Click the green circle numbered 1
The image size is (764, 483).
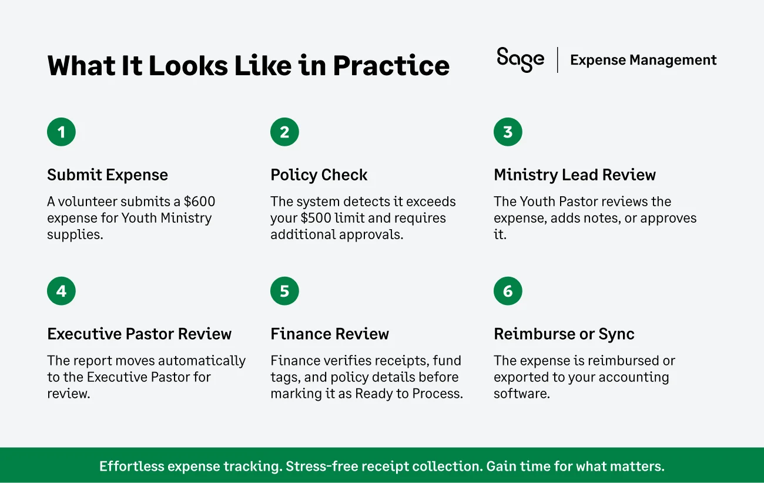coord(61,132)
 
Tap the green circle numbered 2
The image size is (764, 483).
coord(284,132)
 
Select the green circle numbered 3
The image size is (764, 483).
coord(508,132)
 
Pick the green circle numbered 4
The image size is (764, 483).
coord(61,291)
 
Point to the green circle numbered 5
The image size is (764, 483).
coord(284,291)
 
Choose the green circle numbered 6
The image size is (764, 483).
coord(508,291)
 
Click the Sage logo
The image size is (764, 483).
coord(520,59)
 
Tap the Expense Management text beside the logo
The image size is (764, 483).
coord(643,60)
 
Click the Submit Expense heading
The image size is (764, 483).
coord(108,175)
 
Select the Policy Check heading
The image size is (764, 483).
coord(319,175)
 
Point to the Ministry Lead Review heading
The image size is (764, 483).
coord(574,175)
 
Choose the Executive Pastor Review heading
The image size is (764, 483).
coord(139,334)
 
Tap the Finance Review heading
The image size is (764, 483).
coord(329,334)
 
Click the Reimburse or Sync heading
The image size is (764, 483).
coord(564,334)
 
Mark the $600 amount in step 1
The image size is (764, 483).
coord(199,202)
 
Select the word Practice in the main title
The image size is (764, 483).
coord(391,66)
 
